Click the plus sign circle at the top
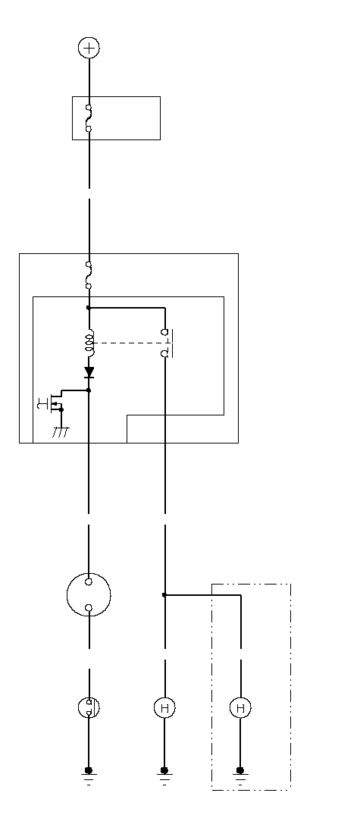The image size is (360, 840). click(89, 48)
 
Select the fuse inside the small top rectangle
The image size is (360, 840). click(89, 118)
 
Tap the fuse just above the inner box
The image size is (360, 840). click(89, 275)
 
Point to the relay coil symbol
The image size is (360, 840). click(90, 343)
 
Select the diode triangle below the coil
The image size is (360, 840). click(89, 371)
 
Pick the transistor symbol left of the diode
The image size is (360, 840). click(51, 403)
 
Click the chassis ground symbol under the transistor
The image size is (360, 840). click(61, 432)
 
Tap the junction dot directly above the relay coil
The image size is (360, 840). click(89, 308)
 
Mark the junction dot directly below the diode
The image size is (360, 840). click(89, 390)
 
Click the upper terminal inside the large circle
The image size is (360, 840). click(89, 581)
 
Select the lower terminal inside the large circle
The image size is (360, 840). click(89, 607)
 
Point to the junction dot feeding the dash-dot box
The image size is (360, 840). click(164, 594)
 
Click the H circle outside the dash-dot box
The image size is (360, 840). click(164, 707)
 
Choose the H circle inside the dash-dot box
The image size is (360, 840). click(240, 707)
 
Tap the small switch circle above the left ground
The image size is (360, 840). click(89, 707)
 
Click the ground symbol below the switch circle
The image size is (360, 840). click(89, 775)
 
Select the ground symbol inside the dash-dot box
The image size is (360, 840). click(240, 775)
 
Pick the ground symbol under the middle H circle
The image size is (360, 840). click(164, 775)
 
